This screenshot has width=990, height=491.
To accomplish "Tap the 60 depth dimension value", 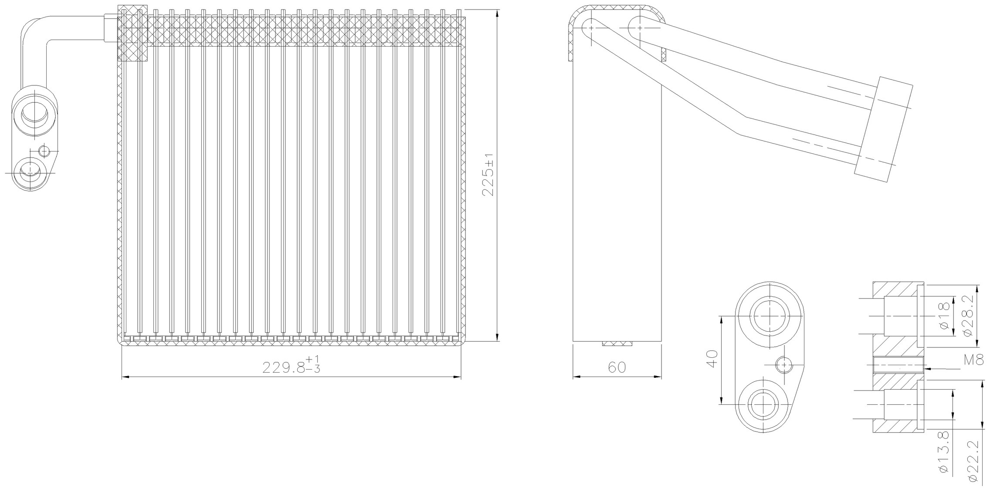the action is [x=617, y=367].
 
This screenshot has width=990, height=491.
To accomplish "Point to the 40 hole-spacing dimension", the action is [x=711, y=359].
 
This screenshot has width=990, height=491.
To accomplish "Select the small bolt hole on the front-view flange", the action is [x=44, y=151].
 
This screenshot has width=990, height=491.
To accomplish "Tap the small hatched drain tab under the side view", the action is [x=617, y=344].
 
